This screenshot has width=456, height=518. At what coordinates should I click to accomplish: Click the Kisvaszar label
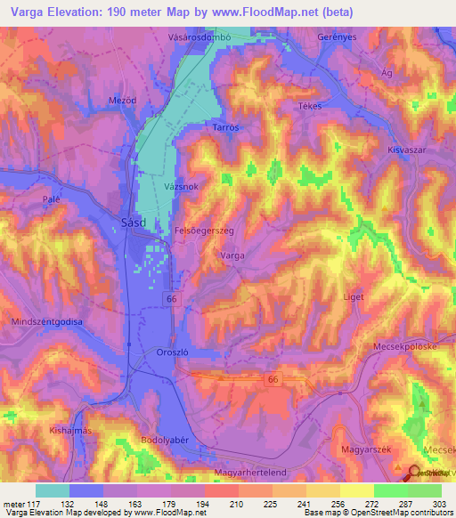coord(408,151)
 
